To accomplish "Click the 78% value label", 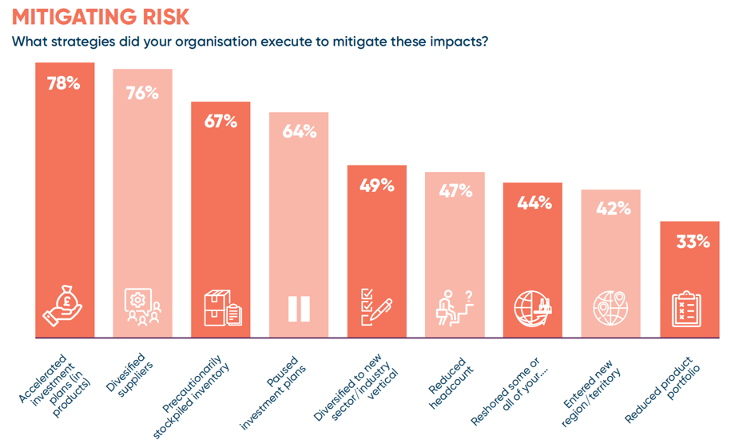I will tap(65, 82).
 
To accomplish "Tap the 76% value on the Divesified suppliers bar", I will tap(142, 92).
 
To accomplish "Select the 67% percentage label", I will tap(220, 122).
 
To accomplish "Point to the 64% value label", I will tap(299, 132).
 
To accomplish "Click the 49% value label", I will tap(377, 186).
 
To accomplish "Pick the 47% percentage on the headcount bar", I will tap(455, 191).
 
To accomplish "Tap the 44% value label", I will tap(534, 202).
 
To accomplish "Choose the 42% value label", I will tap(611, 209).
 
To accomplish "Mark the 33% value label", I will tap(689, 241).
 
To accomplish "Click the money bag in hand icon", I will tap(65, 307).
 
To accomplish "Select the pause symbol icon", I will tap(299, 308).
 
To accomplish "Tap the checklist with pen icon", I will tap(377, 307).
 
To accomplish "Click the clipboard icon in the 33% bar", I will tap(689, 308).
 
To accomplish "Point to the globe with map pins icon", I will tap(611, 308).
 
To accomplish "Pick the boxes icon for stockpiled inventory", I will tap(221, 308).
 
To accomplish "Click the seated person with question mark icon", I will tap(455, 307).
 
